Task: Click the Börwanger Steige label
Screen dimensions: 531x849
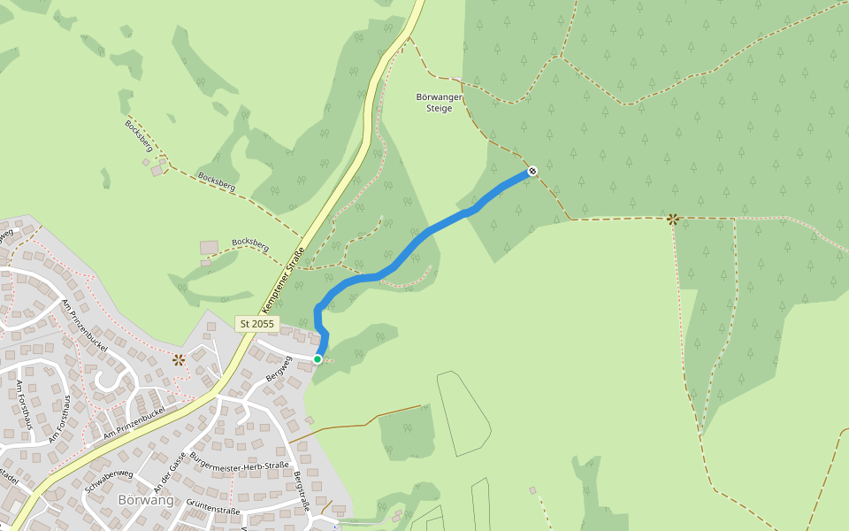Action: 433,103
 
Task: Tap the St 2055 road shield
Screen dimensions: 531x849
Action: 257,324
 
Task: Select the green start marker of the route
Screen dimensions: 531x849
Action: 317,358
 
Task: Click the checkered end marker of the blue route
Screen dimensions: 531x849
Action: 532,171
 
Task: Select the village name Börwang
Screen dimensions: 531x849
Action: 145,500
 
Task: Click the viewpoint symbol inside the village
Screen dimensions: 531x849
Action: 179,359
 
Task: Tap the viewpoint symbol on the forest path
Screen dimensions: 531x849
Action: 673,219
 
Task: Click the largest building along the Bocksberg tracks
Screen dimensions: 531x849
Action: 209,247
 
